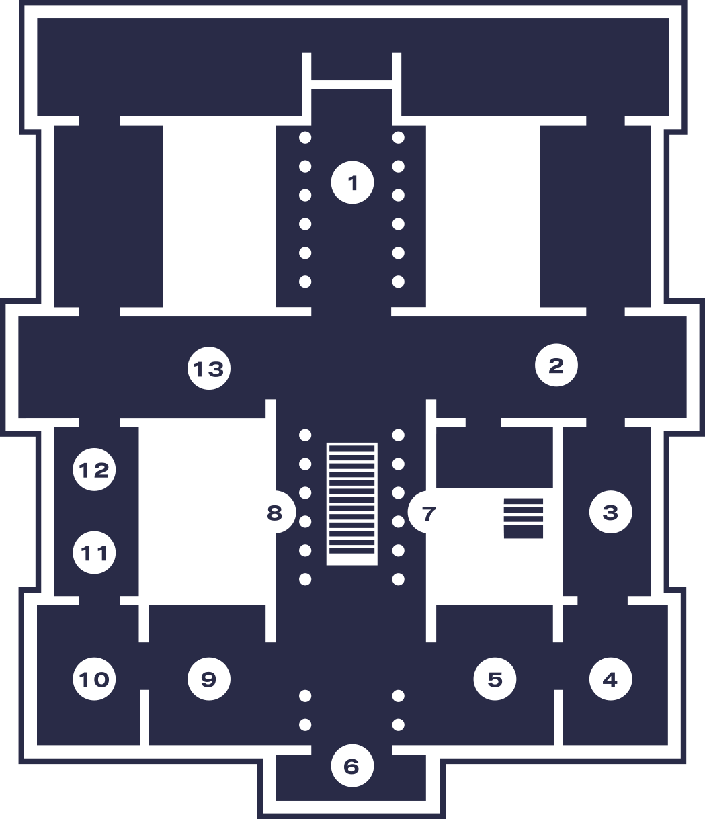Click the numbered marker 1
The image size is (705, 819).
coord(352,182)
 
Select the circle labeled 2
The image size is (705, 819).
coord(556,365)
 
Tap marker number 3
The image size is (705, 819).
coord(610,512)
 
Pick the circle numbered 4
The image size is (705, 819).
coord(610,679)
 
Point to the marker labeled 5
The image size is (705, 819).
coord(495,679)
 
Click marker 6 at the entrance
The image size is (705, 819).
coord(351,766)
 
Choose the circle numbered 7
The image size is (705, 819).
coord(429,513)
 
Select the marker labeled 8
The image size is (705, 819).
coord(274,513)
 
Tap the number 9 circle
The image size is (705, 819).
coord(208,679)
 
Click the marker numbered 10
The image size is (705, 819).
coord(94,679)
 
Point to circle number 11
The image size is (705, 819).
coord(94,553)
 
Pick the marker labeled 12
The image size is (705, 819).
coord(94,470)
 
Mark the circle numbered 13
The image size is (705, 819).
coord(208,369)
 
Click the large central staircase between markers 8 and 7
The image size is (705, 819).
coord(351,504)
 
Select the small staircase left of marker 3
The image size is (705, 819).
coord(524,518)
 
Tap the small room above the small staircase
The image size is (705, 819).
coord(495,457)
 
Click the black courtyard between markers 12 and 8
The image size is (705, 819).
coord(202,511)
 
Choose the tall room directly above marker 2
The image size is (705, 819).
coord(595,215)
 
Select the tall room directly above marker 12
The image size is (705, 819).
coord(108,215)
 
